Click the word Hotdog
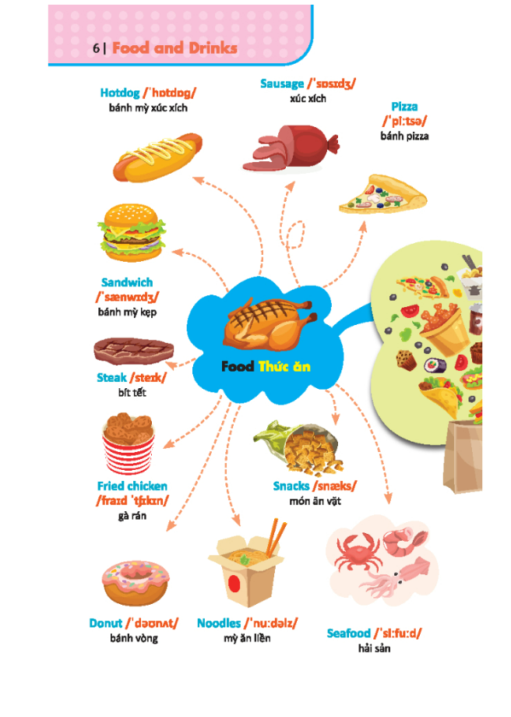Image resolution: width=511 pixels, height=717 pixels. [119, 93]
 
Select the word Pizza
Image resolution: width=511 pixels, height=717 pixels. [404, 107]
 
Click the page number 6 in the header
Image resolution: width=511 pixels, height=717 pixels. [95, 48]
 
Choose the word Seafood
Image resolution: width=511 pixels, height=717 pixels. [348, 634]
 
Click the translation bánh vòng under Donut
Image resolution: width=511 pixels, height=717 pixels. [133, 638]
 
